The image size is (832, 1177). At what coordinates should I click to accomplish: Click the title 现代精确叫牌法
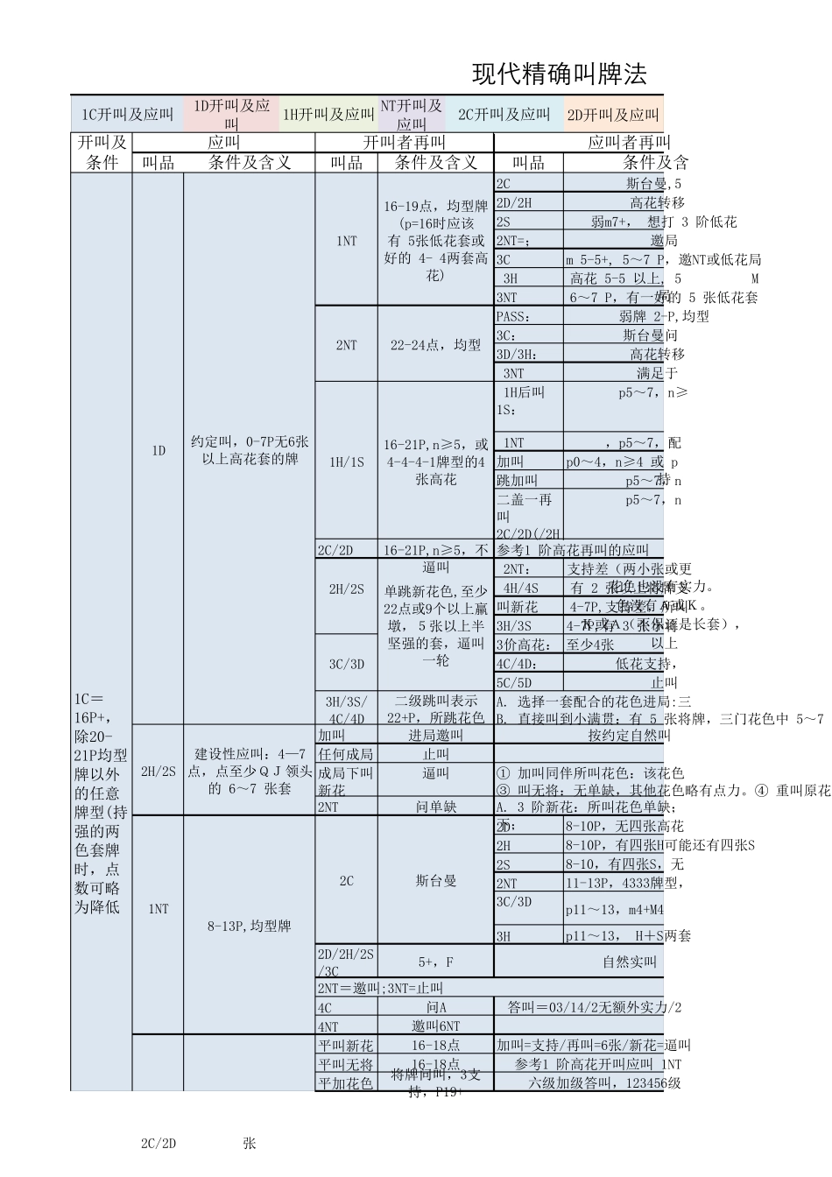(560, 74)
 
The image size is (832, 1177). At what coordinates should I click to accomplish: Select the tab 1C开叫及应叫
(127, 115)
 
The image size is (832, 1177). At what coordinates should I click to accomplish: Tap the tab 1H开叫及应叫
(328, 115)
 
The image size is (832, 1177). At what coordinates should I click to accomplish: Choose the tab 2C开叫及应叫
(504, 115)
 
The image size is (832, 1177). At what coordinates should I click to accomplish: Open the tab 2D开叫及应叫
(612, 115)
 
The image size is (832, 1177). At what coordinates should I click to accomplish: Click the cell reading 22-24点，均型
(435, 345)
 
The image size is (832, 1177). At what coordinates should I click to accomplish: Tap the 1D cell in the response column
(158, 450)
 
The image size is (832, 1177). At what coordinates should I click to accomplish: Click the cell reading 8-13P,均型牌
(249, 926)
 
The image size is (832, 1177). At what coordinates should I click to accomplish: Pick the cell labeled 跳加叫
(518, 480)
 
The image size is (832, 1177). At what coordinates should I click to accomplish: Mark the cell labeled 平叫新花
(346, 1045)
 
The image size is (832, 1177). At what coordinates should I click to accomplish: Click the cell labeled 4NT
(328, 1026)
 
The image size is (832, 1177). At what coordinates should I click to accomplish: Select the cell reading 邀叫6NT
(435, 1026)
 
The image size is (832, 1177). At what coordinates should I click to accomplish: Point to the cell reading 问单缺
(435, 807)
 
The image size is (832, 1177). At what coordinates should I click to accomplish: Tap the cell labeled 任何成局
(346, 754)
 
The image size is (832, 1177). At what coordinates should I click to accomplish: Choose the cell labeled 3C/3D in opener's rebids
(346, 664)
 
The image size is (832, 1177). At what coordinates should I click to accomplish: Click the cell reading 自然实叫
(629, 962)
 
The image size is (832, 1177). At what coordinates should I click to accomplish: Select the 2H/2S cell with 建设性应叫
(158, 772)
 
